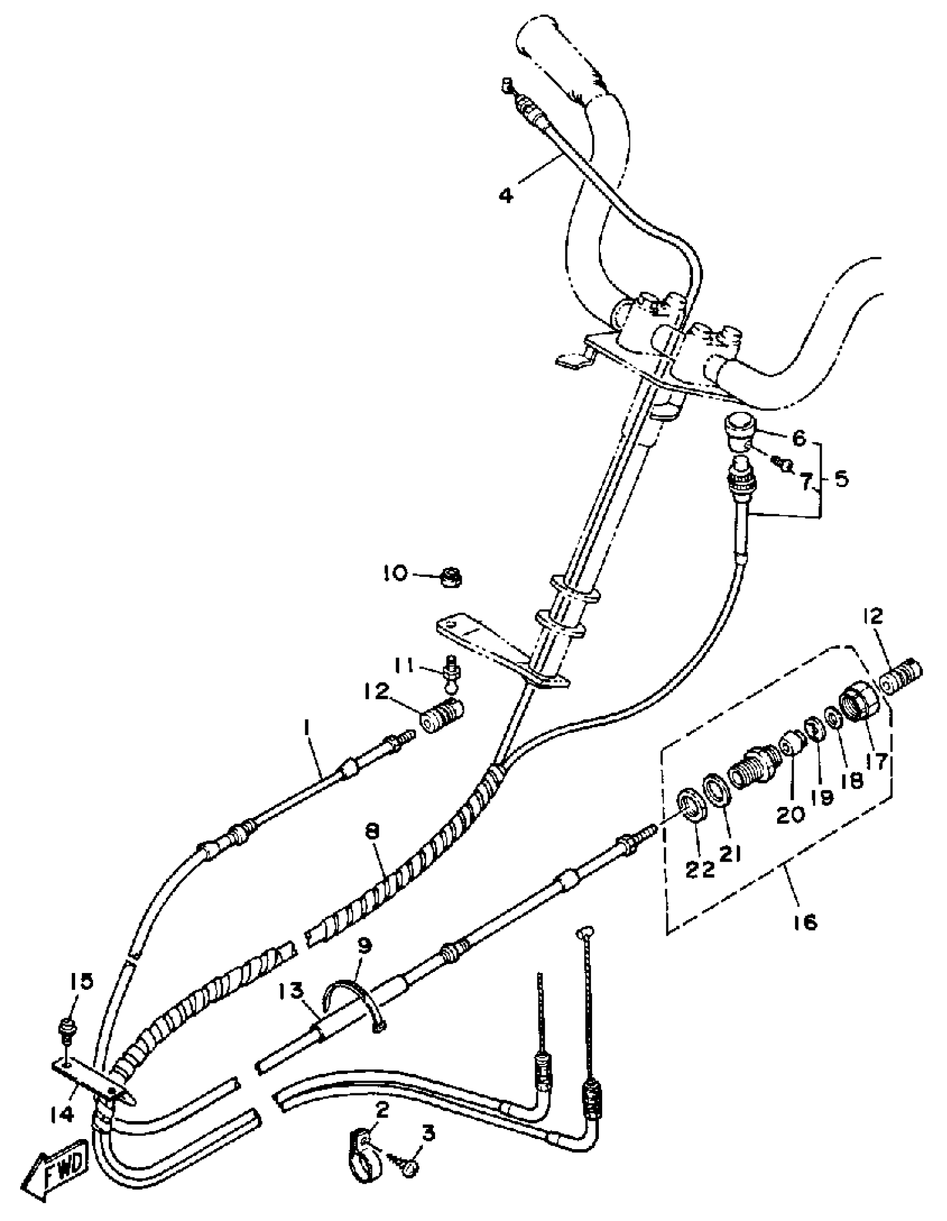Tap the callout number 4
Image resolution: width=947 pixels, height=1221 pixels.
[506, 196]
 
